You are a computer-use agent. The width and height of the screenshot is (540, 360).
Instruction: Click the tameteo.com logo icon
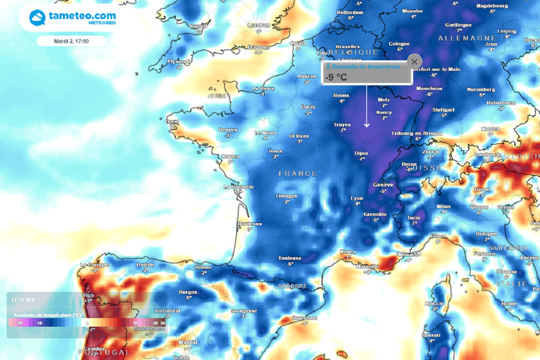[x=37, y=18]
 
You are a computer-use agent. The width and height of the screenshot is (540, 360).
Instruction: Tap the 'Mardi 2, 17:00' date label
[x=71, y=41]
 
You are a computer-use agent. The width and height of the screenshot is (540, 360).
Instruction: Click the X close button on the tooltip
[x=414, y=61]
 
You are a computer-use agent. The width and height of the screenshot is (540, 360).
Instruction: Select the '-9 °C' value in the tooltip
[x=336, y=77]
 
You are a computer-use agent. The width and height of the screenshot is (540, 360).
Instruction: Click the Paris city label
[x=308, y=107]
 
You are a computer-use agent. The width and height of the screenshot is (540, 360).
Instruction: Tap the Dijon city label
[x=361, y=153]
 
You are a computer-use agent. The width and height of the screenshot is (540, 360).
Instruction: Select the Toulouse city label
[x=290, y=258]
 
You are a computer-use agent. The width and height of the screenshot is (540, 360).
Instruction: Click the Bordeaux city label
[x=250, y=223]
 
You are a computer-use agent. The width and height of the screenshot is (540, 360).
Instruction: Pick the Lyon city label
[x=357, y=198]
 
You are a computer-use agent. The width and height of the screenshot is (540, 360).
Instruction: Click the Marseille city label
[x=368, y=266]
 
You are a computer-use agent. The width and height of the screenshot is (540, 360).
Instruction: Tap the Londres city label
[x=258, y=25]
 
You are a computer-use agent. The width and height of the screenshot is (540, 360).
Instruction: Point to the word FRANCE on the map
[x=298, y=173]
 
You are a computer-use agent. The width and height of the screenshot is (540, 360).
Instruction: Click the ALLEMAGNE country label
[x=467, y=38]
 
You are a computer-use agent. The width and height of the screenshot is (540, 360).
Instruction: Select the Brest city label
[x=172, y=121]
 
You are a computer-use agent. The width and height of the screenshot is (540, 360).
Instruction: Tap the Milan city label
[x=443, y=206]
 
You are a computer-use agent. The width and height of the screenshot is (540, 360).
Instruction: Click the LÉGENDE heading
[x=24, y=300]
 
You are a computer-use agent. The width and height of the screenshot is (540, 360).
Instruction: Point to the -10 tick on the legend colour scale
[x=39, y=323]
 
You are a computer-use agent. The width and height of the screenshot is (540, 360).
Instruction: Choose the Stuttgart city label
[x=443, y=110]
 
